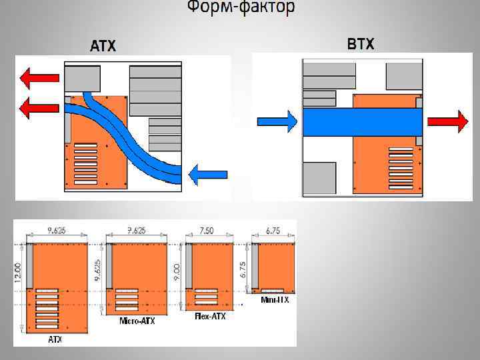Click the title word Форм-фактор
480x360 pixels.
(240, 8)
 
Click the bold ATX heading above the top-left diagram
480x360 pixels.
(103, 46)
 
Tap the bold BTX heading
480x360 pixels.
(361, 45)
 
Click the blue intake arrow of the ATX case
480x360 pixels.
(207, 175)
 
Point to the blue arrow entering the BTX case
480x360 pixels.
(277, 121)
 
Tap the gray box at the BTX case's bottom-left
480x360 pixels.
(319, 178)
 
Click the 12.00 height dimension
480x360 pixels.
(18, 273)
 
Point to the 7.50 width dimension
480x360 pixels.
(208, 231)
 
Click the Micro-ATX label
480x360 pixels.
(137, 321)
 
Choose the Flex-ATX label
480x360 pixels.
(210, 316)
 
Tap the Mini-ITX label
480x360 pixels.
(275, 300)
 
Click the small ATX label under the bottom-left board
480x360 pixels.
(55, 339)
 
